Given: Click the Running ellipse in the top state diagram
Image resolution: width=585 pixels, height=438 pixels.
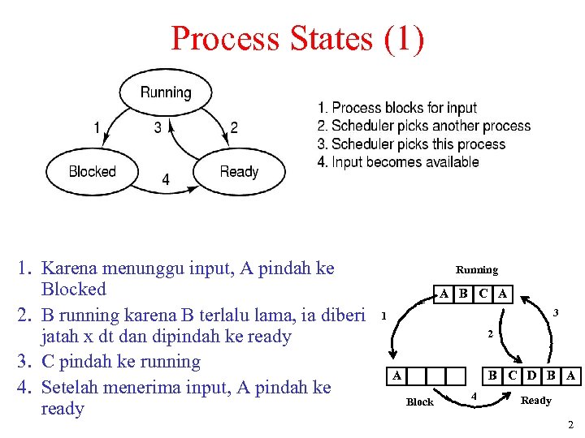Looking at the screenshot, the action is [166, 92].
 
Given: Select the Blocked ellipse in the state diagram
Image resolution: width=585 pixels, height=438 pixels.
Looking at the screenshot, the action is [92, 171].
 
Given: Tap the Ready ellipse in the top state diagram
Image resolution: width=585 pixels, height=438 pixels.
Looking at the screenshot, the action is [239, 171].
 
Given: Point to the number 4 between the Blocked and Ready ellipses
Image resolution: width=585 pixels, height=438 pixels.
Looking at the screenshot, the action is [166, 180].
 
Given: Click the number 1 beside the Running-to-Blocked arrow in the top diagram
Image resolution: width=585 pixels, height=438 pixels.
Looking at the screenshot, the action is [97, 127].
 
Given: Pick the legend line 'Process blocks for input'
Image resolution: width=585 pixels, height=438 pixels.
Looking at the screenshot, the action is [397, 108].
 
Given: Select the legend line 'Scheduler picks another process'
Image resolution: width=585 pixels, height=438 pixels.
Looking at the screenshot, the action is [423, 126].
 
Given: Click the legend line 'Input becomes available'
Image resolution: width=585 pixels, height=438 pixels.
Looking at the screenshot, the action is [398, 161].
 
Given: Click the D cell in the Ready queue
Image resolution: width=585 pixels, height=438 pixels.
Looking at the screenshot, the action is [531, 376].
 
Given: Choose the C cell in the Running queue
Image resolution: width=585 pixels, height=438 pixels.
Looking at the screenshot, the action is [483, 294].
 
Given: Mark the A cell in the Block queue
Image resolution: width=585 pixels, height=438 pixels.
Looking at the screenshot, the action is [396, 376].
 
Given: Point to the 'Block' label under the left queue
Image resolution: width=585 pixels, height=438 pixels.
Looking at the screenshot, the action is [419, 401].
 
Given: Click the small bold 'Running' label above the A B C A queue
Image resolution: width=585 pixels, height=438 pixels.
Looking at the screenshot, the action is [477, 269].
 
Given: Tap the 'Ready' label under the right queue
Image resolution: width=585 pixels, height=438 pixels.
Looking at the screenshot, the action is [535, 401].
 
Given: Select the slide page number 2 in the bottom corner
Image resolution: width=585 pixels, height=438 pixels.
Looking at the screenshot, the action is [571, 425].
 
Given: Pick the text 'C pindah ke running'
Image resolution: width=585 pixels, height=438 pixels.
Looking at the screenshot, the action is [120, 362].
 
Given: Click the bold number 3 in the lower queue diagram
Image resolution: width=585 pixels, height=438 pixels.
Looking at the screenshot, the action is [556, 312].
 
